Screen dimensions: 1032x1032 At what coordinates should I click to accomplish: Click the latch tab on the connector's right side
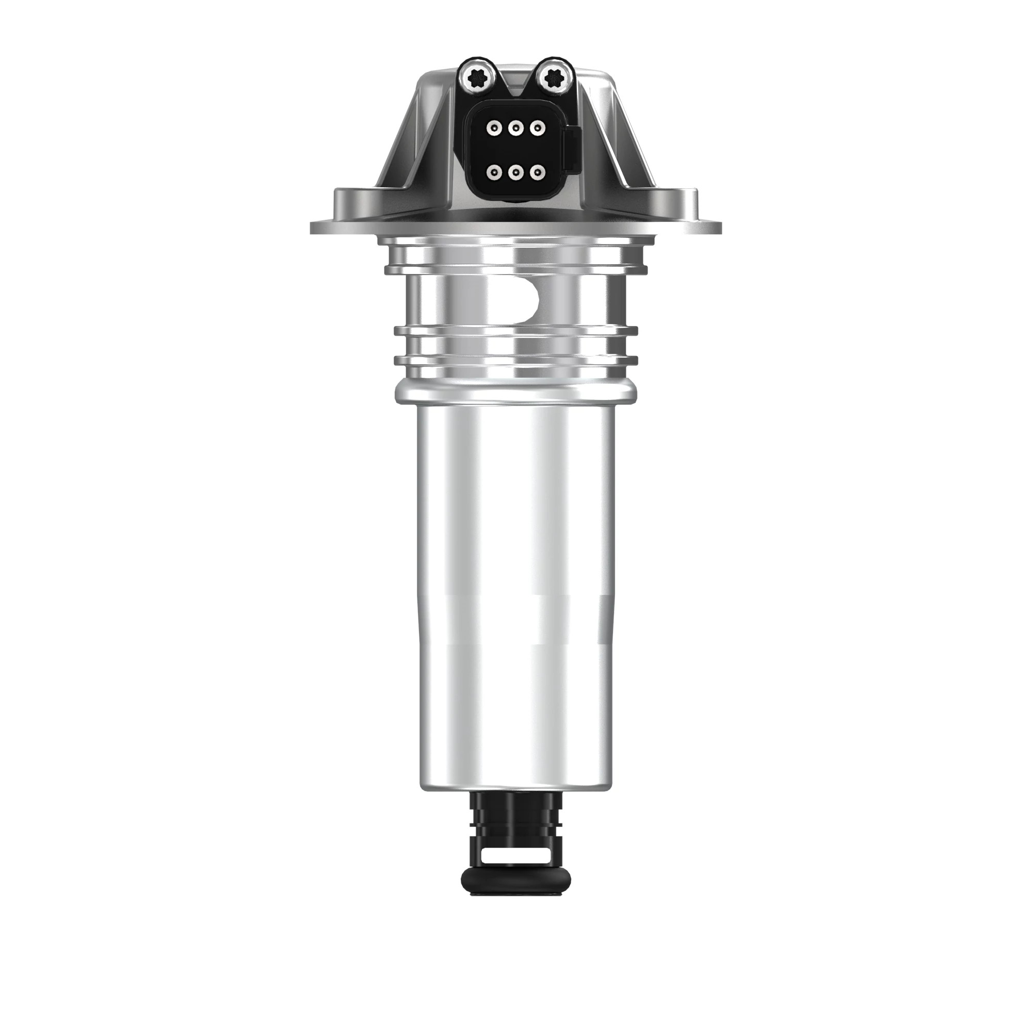(572, 142)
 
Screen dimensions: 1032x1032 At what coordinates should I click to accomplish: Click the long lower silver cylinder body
(515, 588)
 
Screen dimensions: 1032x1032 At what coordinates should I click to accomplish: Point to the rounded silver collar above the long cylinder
(515, 394)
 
